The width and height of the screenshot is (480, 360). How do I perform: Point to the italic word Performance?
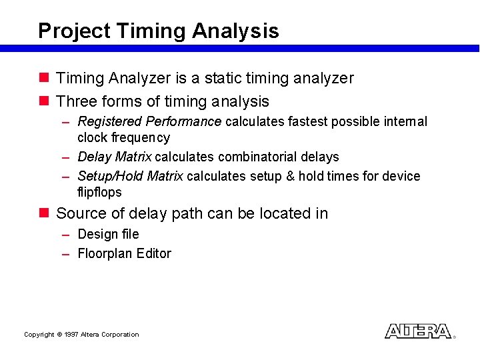tap(183, 122)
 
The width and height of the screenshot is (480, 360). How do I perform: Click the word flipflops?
tap(99, 193)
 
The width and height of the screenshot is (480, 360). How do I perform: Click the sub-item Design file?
tap(108, 235)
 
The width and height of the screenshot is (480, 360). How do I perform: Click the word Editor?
tap(153, 254)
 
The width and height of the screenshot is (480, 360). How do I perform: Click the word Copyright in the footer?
tap(39, 335)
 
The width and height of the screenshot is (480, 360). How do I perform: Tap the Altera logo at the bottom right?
tap(418, 331)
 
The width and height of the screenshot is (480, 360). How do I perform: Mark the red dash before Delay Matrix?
tap(66, 158)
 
